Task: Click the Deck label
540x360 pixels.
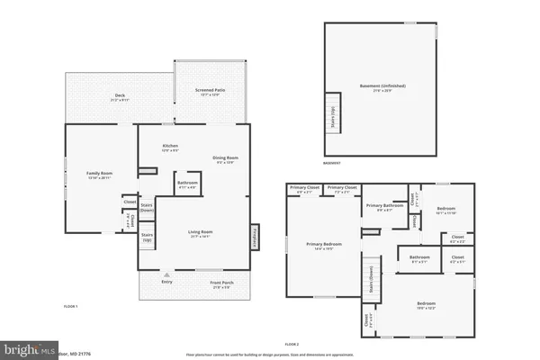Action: click(x=119, y=95)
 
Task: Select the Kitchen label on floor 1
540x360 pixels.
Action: click(x=169, y=147)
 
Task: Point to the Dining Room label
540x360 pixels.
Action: click(x=223, y=159)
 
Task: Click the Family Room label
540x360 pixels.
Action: click(x=99, y=175)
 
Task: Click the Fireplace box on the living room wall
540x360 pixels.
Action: click(x=255, y=236)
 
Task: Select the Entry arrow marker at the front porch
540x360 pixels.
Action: click(x=166, y=274)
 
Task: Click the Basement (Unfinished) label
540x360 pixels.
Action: click(x=383, y=87)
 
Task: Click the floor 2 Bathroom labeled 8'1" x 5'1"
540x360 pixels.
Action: click(x=420, y=259)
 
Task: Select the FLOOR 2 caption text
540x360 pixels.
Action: click(x=291, y=345)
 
